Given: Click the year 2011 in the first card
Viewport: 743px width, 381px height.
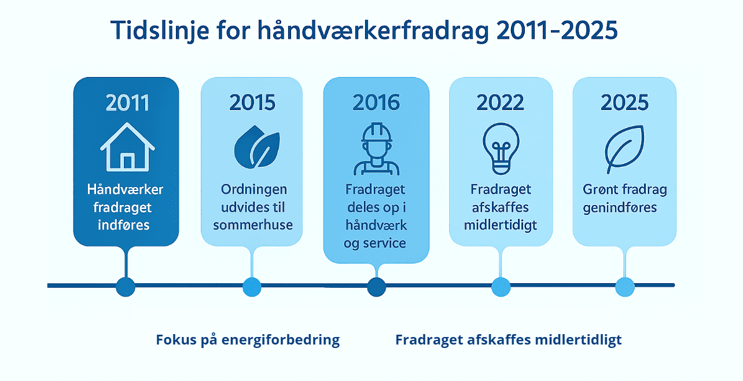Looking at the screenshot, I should pos(127,102).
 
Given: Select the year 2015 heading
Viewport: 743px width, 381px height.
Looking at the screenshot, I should pos(252,102).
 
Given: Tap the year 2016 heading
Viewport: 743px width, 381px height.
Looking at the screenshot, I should pos(376,102).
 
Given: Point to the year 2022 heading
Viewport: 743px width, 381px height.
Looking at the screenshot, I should pos(501,102).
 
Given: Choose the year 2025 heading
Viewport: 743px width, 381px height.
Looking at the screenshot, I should pos(624,102).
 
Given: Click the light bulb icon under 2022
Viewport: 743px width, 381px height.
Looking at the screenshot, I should pos(501,148).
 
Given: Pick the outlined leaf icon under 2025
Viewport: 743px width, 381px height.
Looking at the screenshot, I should pos(624,149).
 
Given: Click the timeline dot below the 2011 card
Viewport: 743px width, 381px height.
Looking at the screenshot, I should pos(126,286).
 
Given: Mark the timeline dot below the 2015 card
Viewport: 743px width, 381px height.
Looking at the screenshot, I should pos(252,286).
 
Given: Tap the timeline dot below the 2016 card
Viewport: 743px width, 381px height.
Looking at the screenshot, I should pos(376,286).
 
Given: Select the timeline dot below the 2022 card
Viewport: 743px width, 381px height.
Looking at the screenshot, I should pos(501,286).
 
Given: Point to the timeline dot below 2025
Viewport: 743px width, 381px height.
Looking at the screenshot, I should pos(625,286).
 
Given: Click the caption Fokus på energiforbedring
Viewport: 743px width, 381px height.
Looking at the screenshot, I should pos(248,339).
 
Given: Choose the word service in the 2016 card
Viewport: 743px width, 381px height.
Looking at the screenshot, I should pos(383,243).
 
